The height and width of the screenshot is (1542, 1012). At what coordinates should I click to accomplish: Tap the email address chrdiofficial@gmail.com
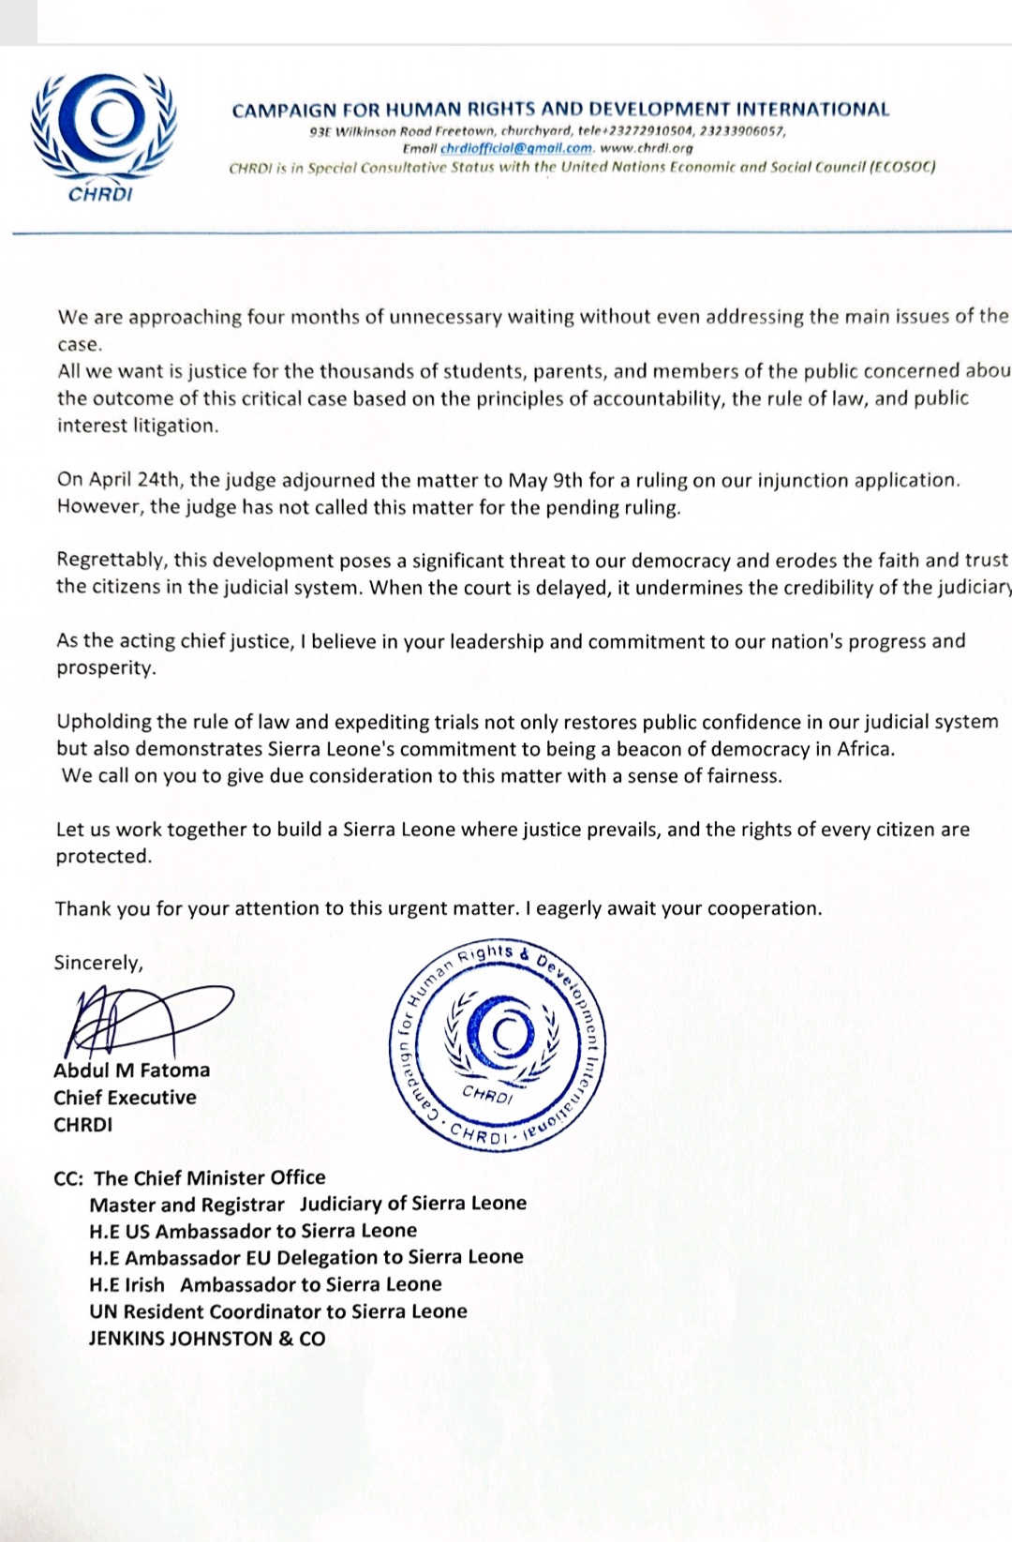(x=516, y=148)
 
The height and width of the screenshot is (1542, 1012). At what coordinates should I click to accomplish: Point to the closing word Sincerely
(x=98, y=963)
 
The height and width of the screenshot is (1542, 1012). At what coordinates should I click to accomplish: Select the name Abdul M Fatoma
(x=132, y=1070)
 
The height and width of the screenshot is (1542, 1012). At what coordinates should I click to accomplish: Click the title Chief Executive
(x=125, y=1097)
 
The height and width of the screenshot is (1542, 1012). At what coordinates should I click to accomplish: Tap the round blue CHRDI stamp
(x=498, y=1040)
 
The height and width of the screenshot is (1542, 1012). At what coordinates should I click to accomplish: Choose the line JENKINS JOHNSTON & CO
(x=207, y=1339)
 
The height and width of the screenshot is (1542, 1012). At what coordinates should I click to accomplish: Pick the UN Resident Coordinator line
(x=278, y=1311)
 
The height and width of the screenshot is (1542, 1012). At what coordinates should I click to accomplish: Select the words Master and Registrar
(x=186, y=1204)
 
